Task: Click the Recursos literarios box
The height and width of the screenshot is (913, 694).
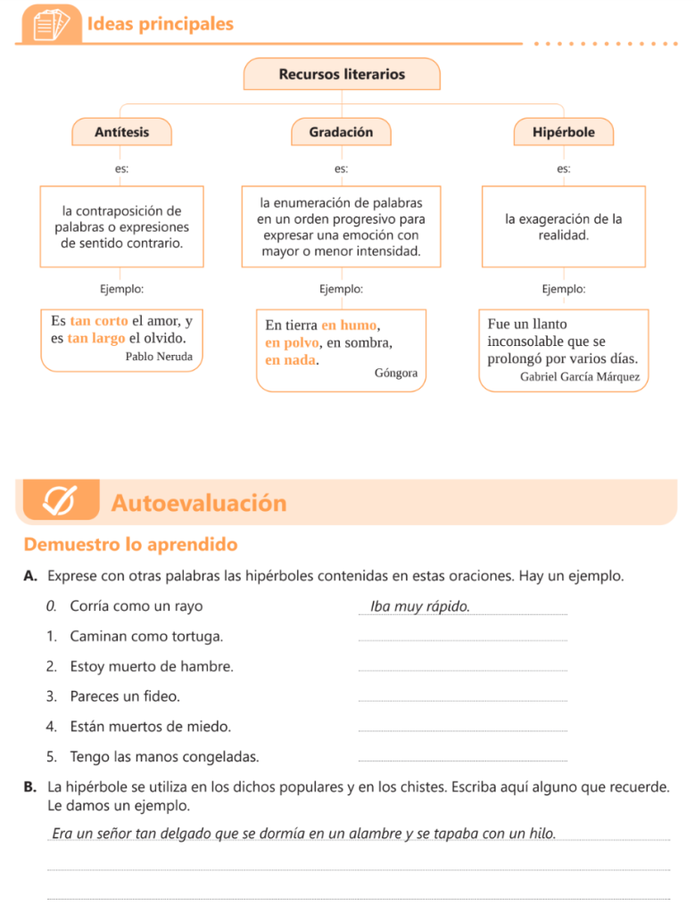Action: coord(342,74)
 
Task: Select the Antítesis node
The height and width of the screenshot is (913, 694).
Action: coord(121,132)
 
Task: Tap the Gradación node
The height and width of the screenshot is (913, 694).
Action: coord(341,132)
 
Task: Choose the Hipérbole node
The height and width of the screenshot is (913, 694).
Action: coord(563,132)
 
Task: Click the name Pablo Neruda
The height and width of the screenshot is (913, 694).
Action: coord(159,357)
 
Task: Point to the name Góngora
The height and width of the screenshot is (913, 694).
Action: coord(396,373)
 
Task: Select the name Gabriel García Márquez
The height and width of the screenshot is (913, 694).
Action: coord(580,376)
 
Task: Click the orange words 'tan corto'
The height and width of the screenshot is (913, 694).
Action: coord(99,321)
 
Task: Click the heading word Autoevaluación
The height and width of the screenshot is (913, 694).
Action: coord(199,504)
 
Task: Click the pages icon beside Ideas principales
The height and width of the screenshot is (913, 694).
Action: coord(51,25)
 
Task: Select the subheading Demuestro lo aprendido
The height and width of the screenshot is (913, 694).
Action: coord(131,545)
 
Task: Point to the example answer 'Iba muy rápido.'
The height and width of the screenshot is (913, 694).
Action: coord(419,607)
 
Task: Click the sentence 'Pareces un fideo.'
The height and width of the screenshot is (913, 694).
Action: coord(124,696)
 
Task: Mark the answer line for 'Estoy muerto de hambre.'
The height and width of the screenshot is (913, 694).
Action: coord(461,670)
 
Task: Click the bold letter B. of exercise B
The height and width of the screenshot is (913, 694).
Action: coord(30,787)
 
